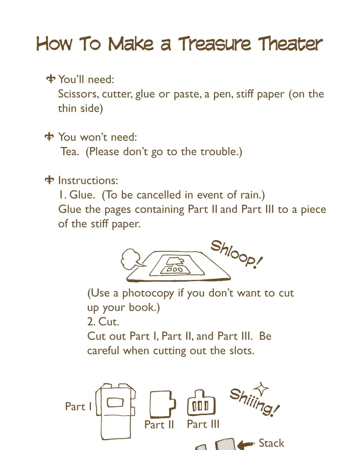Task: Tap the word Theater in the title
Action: click(290, 44)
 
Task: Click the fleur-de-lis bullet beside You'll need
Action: click(50, 79)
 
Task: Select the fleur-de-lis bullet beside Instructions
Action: click(49, 180)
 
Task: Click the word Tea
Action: click(70, 151)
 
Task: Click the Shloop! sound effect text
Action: click(236, 254)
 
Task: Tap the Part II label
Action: click(159, 425)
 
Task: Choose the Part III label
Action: click(203, 424)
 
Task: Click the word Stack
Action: click(271, 443)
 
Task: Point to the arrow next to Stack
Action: click(246, 443)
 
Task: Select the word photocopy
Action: click(148, 294)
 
